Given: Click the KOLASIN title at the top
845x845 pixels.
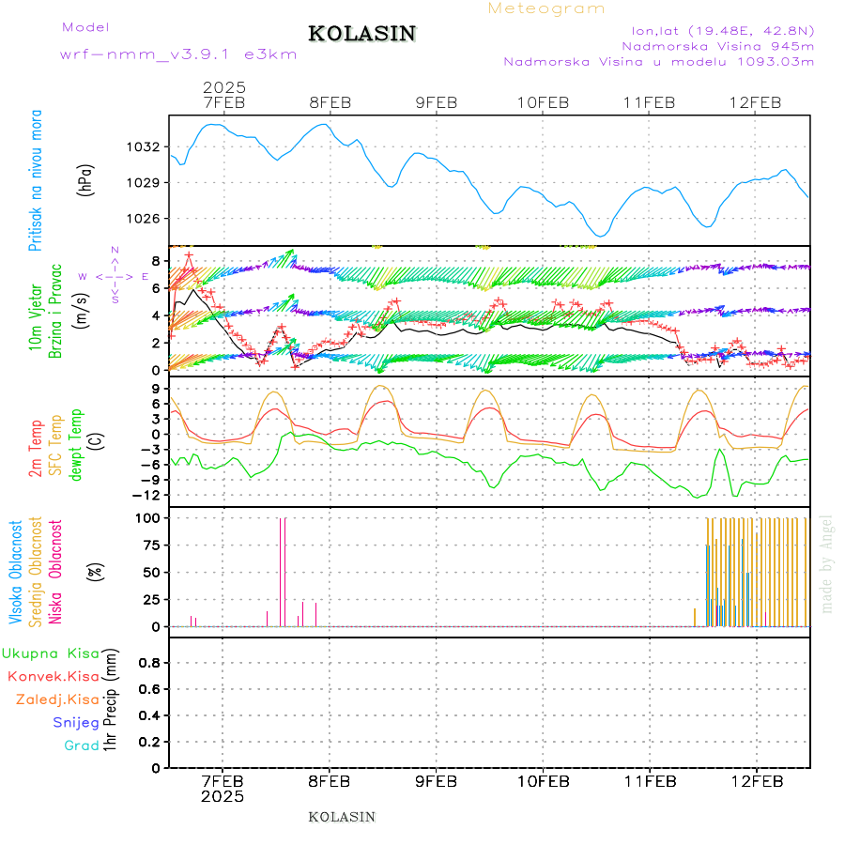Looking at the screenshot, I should (361, 34).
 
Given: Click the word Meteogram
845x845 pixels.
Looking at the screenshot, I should (546, 8).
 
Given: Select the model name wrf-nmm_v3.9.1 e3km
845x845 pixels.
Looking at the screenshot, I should (178, 54).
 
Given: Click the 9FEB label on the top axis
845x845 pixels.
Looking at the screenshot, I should (436, 102).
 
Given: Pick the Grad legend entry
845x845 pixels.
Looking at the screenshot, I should (82, 746).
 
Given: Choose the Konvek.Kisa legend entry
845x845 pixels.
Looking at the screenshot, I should (54, 676).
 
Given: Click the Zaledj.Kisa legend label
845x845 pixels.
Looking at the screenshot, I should (57, 699).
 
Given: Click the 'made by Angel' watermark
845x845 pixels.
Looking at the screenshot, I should (827, 563).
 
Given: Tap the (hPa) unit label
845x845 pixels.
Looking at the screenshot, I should (85, 178).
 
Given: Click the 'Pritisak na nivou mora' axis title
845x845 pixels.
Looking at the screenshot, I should (37, 179).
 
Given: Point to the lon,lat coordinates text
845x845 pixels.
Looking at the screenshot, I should (722, 29).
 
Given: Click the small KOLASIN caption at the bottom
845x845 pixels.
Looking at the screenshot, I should (342, 817).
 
